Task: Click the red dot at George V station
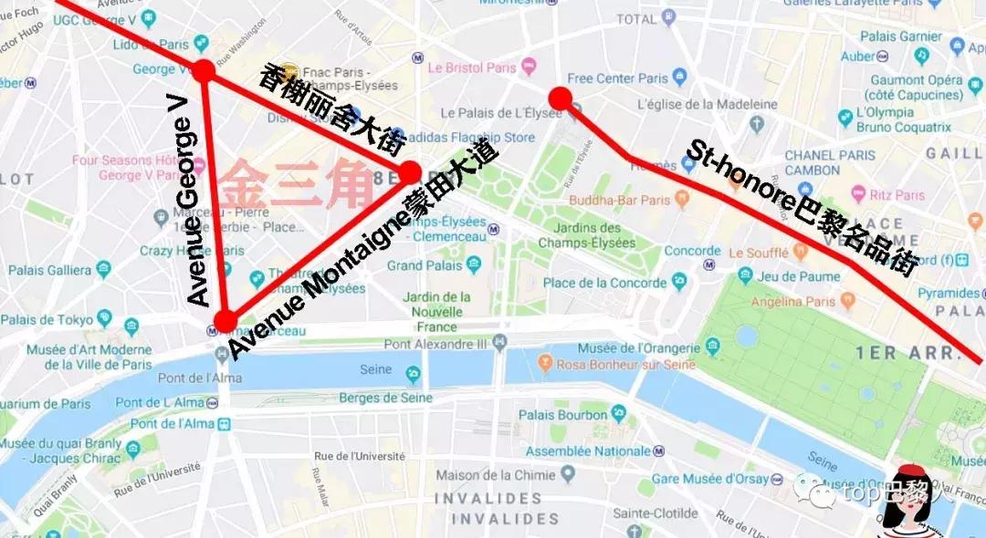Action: pyautogui.click(x=204, y=70)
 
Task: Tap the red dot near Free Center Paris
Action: pyautogui.click(x=561, y=98)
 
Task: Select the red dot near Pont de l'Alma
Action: pyautogui.click(x=225, y=320)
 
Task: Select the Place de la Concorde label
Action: pyautogui.click(x=604, y=283)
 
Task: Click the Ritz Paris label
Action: pyautogui.click(x=897, y=194)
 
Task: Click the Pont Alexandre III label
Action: pyautogui.click(x=431, y=344)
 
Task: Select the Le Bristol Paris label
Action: pyautogui.click(x=472, y=67)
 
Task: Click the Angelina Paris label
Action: pyautogui.click(x=792, y=302)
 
